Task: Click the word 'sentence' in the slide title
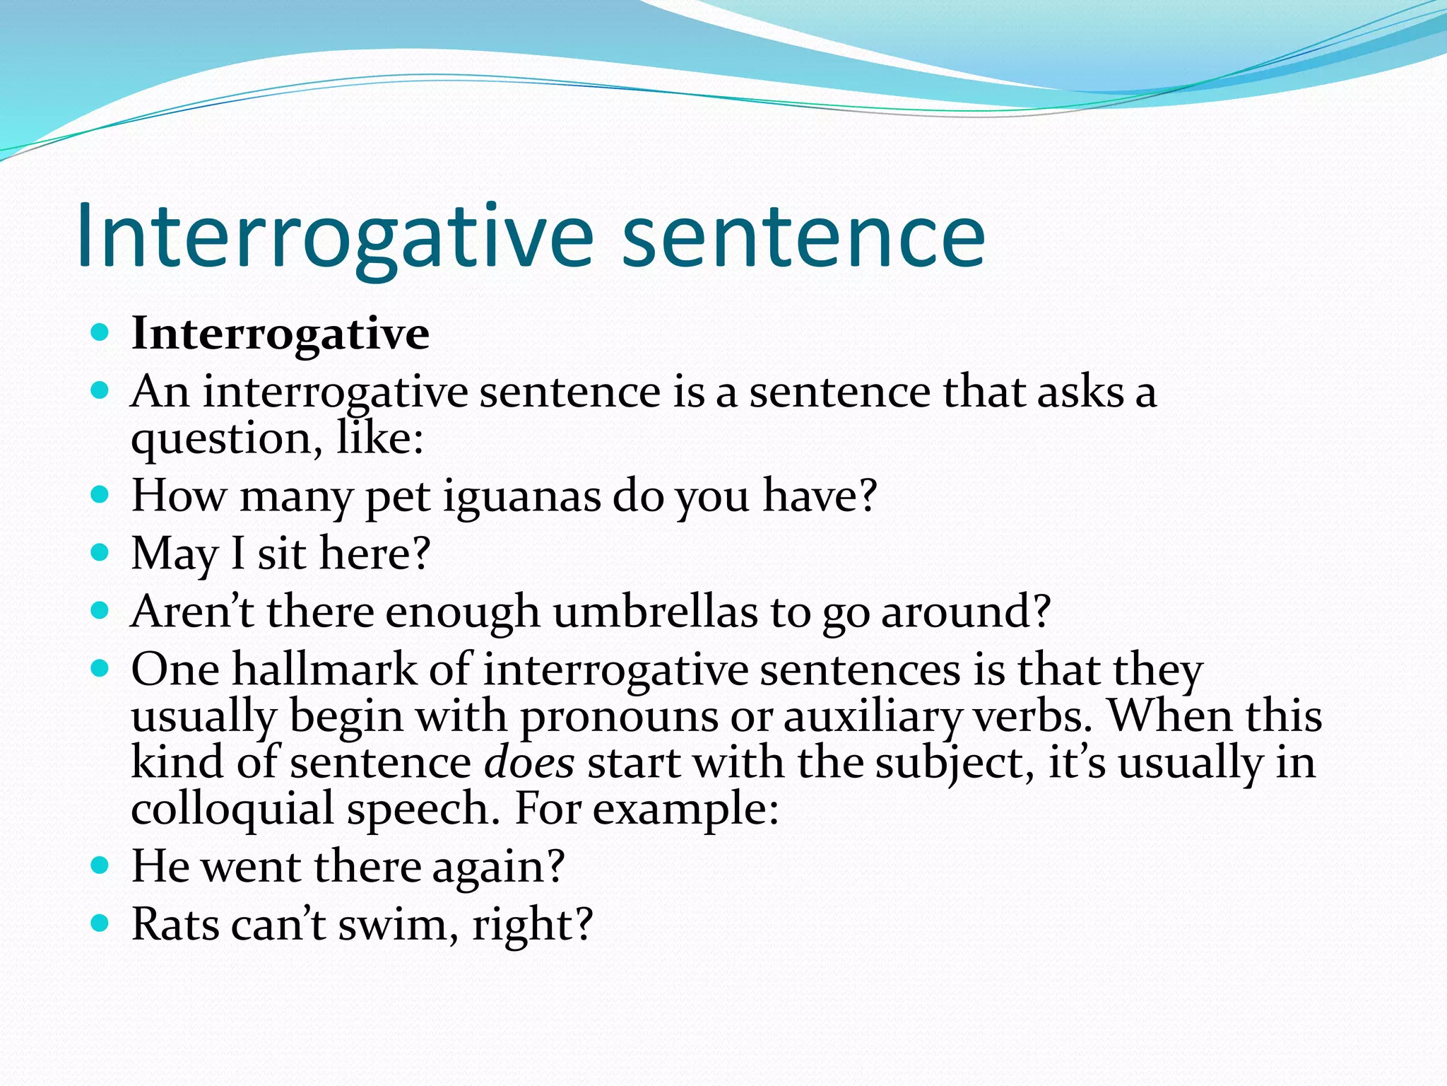point(803,237)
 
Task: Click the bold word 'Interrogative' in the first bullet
point(280,334)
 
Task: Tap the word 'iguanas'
point(521,496)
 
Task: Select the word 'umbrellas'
point(656,612)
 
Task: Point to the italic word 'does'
point(529,764)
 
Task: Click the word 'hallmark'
point(324,670)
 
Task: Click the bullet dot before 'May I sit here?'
point(100,552)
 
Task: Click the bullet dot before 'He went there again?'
point(100,865)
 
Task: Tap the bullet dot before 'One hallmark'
point(100,667)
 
